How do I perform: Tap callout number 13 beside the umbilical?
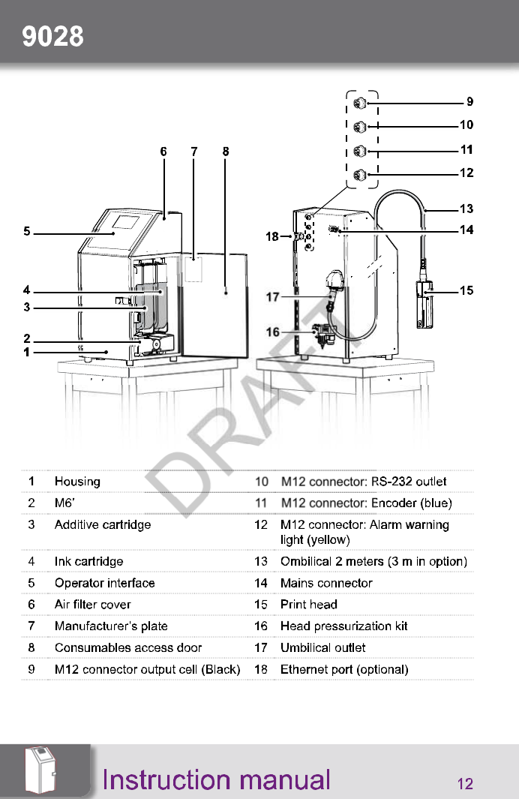[x=466, y=209]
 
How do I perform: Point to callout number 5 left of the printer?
[x=27, y=232]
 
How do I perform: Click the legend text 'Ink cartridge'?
[x=88, y=561]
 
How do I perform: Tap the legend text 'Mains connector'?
[x=325, y=583]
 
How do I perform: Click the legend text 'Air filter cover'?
[x=92, y=604]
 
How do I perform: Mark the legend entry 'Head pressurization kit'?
[x=343, y=626]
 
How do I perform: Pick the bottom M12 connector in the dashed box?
[x=360, y=175]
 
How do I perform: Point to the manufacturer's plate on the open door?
[x=193, y=269]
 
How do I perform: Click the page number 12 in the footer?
[x=465, y=784]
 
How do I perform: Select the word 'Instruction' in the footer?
[x=154, y=780]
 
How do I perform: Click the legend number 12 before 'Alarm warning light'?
[x=261, y=524]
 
